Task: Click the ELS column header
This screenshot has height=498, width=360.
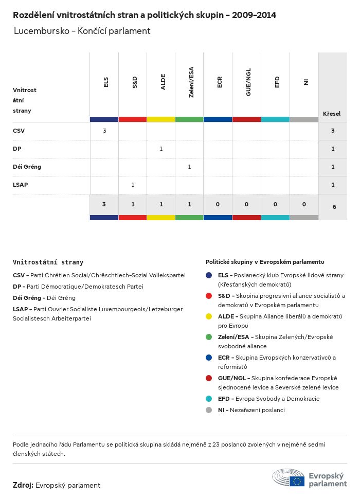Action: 105,82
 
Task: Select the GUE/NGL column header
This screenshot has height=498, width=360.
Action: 248,82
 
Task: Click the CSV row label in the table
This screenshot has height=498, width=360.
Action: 19,131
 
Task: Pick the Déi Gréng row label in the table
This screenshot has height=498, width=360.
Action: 27,167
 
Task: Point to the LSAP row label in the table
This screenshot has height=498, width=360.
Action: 21,185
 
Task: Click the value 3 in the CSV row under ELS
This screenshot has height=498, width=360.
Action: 104,131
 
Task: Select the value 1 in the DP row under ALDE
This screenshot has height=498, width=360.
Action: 161,149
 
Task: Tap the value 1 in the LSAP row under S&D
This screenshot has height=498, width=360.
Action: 133,185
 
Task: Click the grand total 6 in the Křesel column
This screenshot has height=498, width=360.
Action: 334,207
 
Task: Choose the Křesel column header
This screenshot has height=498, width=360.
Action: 332,114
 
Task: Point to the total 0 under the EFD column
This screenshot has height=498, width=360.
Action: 275,204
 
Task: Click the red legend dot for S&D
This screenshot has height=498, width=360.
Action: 209,296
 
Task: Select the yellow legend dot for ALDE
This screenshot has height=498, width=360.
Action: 209,316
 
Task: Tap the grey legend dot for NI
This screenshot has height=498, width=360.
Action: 209,410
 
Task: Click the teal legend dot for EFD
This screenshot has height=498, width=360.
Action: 209,399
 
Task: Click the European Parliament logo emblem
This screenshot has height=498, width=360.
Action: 289,478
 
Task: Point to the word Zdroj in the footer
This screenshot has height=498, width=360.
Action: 23,485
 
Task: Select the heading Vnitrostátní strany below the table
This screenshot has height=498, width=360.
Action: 48,262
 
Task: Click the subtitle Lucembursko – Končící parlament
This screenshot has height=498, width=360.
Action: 82,31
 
